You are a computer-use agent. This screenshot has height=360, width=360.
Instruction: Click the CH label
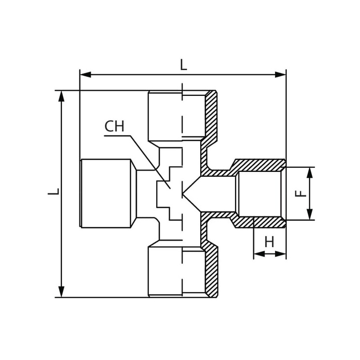tap(114, 126)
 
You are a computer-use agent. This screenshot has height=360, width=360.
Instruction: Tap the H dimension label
tap(269, 242)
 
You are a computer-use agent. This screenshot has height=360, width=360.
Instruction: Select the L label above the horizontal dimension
tap(183, 65)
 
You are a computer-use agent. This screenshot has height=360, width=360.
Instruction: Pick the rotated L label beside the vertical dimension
tap(53, 192)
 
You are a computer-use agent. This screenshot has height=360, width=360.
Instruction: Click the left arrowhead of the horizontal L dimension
tap(85, 75)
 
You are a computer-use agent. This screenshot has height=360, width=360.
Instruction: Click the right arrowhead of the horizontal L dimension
tap(280, 75)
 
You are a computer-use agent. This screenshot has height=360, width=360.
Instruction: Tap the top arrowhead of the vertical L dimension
tap(61, 96)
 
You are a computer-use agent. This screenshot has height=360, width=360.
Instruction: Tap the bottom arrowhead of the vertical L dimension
tap(61, 292)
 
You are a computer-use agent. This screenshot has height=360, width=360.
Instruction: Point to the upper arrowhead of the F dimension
tap(310, 173)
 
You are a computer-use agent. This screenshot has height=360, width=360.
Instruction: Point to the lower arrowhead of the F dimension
tap(310, 215)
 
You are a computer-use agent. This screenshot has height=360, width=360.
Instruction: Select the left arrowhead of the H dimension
tap(259, 254)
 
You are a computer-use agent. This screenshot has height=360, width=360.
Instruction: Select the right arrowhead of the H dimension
tap(280, 254)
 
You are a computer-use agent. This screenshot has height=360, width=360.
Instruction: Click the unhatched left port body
tap(108, 193)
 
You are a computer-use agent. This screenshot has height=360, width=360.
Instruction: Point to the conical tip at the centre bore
tap(183, 194)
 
